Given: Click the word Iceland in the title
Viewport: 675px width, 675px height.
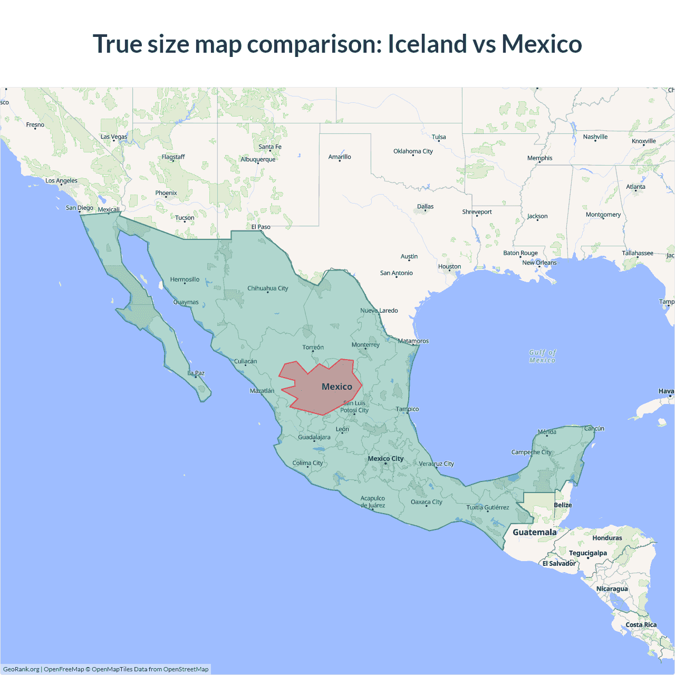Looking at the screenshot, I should click(427, 44).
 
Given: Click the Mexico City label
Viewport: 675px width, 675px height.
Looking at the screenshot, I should click(385, 459).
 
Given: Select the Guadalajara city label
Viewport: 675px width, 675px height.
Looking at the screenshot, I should click(314, 437).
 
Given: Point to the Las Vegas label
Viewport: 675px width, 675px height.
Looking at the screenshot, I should click(114, 137).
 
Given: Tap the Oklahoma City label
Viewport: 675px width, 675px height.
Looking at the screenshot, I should click(413, 151).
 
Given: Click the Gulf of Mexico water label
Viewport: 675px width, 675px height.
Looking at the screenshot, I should click(543, 356).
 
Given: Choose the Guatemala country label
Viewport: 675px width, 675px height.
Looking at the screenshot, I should click(534, 533).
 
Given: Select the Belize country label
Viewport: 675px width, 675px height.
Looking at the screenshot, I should click(563, 505).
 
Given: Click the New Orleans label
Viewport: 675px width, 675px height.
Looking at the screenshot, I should click(539, 263).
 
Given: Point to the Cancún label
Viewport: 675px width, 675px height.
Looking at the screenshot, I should click(594, 429).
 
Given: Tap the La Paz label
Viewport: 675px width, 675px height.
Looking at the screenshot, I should click(196, 373).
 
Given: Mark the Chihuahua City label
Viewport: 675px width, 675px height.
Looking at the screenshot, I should click(268, 288).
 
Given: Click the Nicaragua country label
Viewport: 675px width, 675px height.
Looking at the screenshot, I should click(612, 589).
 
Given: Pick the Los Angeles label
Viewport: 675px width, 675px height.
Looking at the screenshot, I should click(61, 181).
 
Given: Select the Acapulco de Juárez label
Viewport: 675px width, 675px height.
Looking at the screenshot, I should click(373, 502).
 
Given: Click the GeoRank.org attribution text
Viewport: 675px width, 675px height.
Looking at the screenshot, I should click(21, 669).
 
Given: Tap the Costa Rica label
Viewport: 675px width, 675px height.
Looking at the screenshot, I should click(641, 625).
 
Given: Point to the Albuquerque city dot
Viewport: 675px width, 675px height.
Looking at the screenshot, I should click(257, 163).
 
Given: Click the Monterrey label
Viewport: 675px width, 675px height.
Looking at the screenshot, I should click(365, 345).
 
